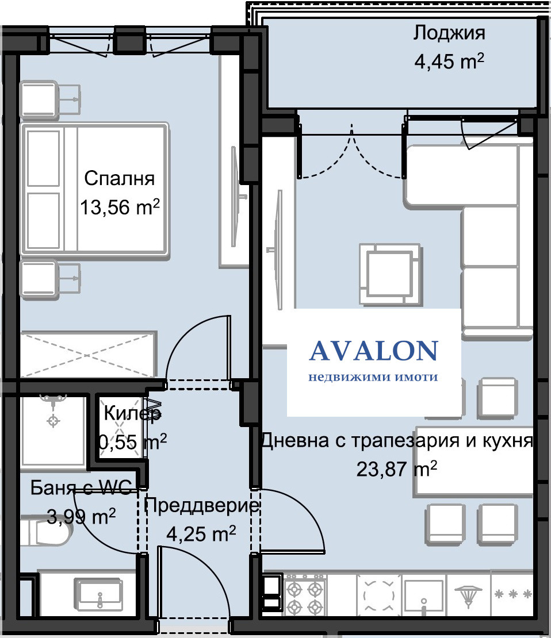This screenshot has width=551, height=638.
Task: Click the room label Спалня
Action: [119, 179]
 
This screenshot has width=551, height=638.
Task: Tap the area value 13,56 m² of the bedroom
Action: [119, 207]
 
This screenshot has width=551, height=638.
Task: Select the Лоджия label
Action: [449, 33]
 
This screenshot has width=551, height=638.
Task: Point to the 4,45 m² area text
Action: [449, 62]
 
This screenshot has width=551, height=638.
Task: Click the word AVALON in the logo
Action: [373, 351]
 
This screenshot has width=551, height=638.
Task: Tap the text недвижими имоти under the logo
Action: [373, 377]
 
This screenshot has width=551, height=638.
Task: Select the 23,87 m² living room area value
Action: [397, 469]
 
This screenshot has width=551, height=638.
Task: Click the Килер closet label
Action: [132, 413]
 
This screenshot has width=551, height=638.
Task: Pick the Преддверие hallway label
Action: [201, 506]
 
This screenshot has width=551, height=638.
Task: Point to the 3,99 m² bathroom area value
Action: [82, 517]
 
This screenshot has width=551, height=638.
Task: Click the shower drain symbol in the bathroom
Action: [53, 421]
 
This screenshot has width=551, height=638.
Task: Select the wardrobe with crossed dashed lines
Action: [89, 355]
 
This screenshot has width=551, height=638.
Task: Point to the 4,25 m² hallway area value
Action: [201, 534]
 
